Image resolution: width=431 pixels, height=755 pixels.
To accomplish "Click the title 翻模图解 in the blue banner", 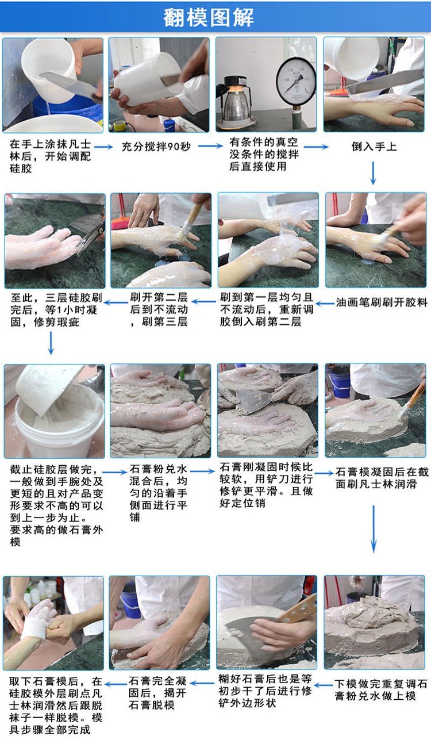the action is pos(209,17).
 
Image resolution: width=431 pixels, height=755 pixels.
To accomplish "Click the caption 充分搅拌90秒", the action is pos(156,147).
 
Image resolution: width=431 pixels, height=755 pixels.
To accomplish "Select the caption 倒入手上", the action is pos(374,147).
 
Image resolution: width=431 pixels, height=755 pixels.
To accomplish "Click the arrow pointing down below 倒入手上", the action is pos(373,173).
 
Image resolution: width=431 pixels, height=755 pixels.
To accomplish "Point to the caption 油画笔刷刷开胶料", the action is pos(382,302).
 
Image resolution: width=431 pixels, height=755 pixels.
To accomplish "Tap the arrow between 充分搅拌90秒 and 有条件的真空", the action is pos(210,146).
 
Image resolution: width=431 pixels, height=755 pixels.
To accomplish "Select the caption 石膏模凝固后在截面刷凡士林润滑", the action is pos(382,478).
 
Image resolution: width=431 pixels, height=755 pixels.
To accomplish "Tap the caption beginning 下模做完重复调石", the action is pos(381,690).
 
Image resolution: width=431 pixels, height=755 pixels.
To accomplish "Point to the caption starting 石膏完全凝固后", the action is pos(157,693).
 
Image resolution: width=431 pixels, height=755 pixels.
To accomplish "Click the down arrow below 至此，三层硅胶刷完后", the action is pos(51,343).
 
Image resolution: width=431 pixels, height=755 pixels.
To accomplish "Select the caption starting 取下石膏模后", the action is pos(56,706).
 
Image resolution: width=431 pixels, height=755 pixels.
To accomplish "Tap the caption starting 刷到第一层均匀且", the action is pos(267,309).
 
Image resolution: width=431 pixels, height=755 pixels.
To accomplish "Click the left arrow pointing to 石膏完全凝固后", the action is pos(202,684).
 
